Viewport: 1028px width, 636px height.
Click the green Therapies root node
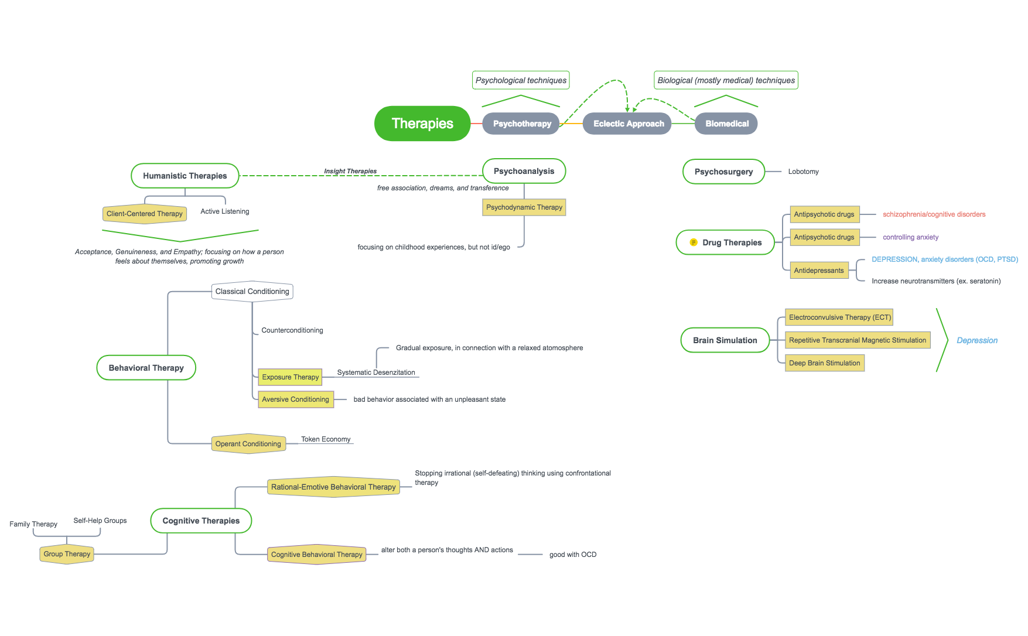[x=422, y=124]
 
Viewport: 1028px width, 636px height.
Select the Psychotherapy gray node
[x=521, y=124]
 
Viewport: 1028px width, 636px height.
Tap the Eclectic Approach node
[x=628, y=124]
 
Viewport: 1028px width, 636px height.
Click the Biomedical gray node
[x=726, y=124]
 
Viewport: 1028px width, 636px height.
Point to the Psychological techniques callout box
[x=521, y=80]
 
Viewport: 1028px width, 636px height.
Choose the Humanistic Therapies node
[x=185, y=176]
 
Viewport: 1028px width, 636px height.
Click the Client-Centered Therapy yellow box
[x=144, y=214]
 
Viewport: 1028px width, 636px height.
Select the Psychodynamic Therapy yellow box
[x=524, y=207]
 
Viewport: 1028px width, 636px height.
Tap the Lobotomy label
[x=803, y=172]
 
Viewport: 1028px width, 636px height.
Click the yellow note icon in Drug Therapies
[x=694, y=242]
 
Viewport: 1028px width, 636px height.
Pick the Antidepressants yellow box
[x=818, y=271]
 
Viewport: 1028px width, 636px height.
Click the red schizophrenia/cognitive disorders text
[x=934, y=214]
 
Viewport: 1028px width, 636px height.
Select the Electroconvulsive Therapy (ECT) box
[x=839, y=317]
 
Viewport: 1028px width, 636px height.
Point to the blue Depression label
[x=976, y=340]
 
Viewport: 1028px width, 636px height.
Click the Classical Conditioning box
[x=252, y=292]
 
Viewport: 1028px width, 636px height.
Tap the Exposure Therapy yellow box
[x=290, y=377]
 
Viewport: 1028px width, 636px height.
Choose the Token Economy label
[x=326, y=439]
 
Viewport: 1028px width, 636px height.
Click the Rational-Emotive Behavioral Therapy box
[x=333, y=487]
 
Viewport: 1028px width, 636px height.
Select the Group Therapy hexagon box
[x=67, y=554]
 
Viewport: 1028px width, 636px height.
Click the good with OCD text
[x=572, y=555]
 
